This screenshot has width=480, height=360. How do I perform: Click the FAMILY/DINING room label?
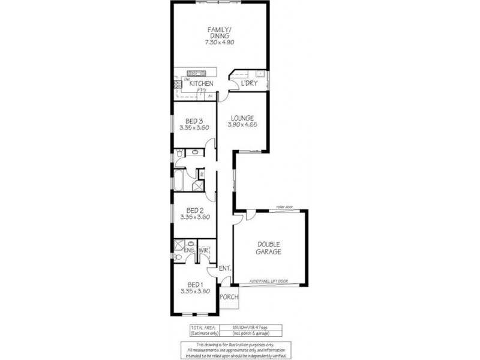point(218,32)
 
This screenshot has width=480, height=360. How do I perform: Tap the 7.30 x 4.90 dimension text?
point(218,43)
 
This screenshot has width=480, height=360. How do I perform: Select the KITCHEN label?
point(201,84)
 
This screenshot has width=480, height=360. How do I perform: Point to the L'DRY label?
point(249,83)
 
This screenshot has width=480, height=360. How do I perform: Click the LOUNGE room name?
point(241,118)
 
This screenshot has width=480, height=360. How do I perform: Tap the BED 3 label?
point(194,121)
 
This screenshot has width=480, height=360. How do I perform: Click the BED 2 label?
point(194,210)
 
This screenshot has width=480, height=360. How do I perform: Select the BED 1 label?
point(194,284)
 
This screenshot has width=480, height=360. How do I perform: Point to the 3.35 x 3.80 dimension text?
point(194,292)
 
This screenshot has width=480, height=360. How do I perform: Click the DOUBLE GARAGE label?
point(271,248)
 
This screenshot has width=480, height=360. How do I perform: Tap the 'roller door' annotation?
point(284,207)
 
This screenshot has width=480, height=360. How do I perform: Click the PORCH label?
point(229,297)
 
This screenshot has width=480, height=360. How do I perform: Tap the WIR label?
point(204,250)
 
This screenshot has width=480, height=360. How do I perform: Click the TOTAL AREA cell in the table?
point(204,327)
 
